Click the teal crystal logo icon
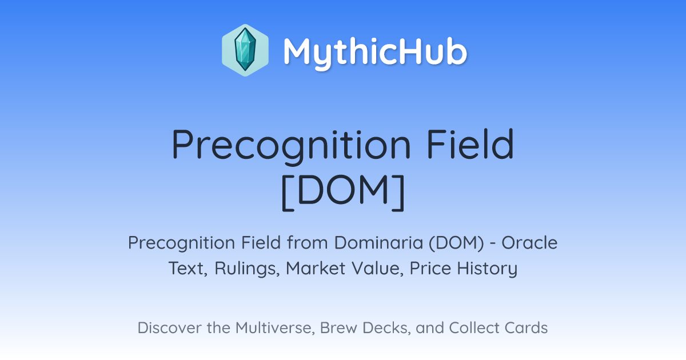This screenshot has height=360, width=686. click(x=245, y=50)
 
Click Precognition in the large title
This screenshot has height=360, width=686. click(x=291, y=146)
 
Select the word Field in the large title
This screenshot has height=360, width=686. click(x=470, y=144)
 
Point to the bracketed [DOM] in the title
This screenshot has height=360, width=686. click(x=343, y=192)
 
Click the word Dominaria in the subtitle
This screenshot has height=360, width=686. click(x=378, y=243)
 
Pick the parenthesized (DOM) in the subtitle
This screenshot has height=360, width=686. click(x=456, y=243)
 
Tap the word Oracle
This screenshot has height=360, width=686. click(x=529, y=243)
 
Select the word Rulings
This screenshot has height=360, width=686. click(x=247, y=269)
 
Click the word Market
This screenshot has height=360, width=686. click(x=316, y=269)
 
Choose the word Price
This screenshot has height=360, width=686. click(x=430, y=269)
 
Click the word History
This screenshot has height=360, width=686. click(x=487, y=269)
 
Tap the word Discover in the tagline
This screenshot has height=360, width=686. click(x=169, y=328)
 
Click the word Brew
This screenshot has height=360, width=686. click(x=338, y=328)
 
